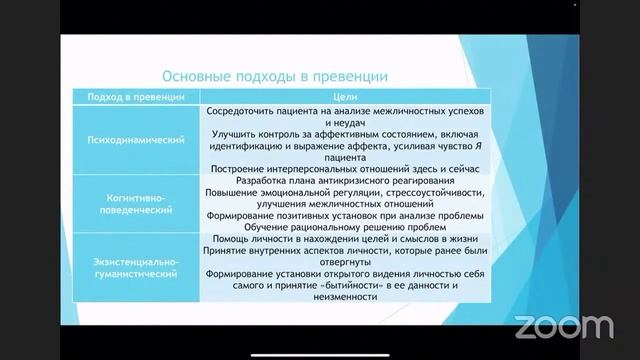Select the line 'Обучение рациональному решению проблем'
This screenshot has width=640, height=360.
tap(345, 227)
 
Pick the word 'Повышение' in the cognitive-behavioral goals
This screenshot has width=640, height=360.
tap(233, 191)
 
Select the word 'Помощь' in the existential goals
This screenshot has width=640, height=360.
tap(229, 239)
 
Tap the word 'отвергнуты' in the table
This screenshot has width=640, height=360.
tap(346, 262)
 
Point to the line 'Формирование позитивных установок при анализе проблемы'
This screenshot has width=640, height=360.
tap(345, 215)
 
